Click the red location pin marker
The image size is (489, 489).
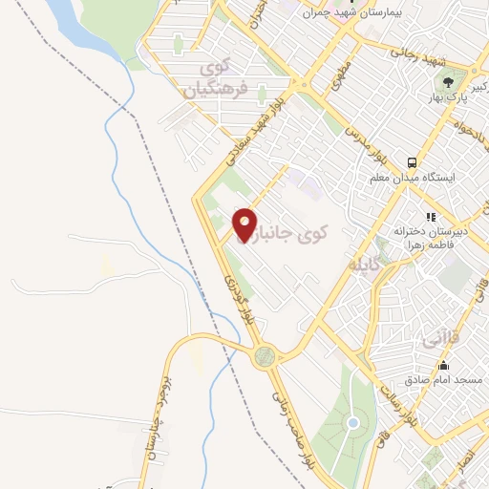coord(245,226)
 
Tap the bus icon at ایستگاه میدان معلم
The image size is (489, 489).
coord(412,162)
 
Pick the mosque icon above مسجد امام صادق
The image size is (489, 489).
coord(443,365)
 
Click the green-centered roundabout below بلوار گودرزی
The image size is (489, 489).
coord(264,356)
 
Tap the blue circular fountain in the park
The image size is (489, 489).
coord(352,422)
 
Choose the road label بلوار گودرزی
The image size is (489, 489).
coord(241,296)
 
